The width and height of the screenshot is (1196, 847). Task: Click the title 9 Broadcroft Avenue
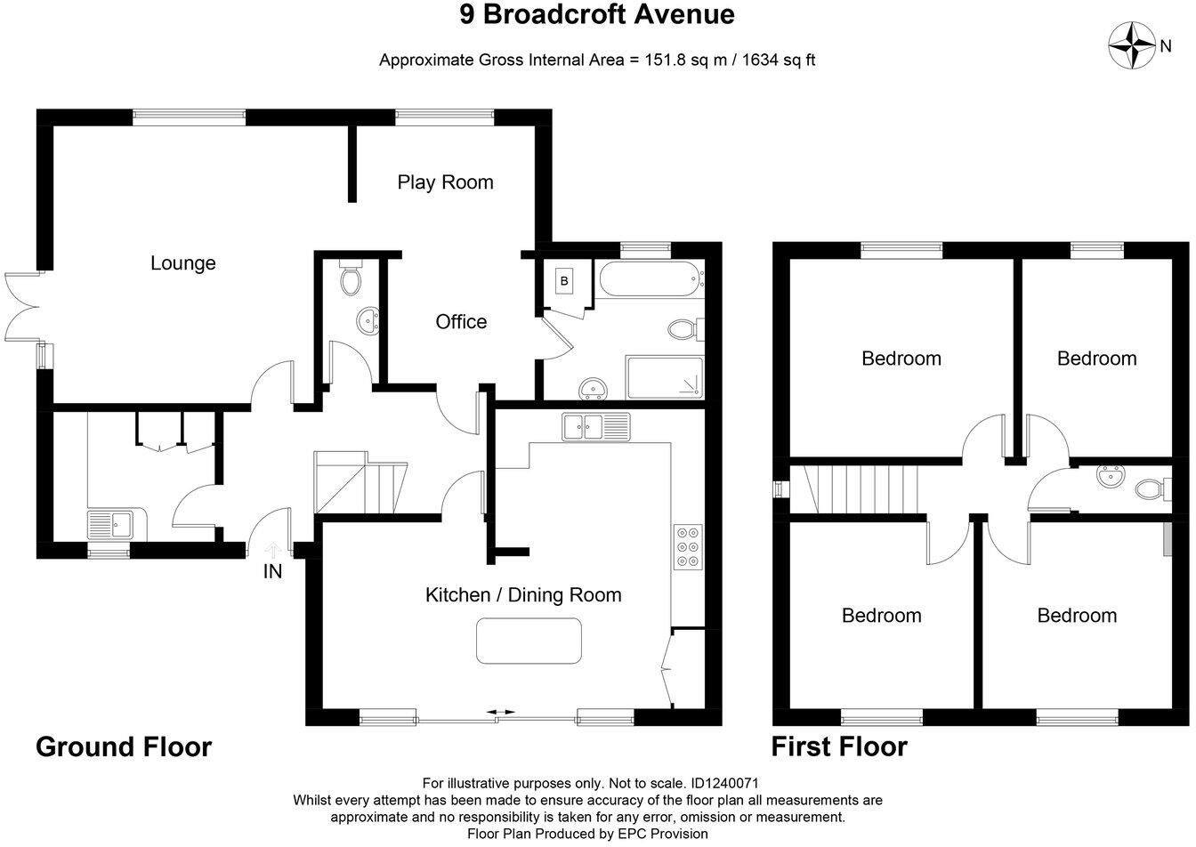(x=597, y=15)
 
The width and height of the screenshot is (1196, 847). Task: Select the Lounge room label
(x=182, y=263)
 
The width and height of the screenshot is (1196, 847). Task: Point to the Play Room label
(x=445, y=182)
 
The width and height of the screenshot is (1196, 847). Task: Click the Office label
(x=461, y=322)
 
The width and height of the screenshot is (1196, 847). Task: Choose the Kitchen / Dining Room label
(x=522, y=595)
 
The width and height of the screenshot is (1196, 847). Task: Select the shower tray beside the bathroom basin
(x=665, y=379)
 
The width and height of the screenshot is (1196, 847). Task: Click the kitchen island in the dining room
(x=529, y=641)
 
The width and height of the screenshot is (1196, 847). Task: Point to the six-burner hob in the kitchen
(x=687, y=544)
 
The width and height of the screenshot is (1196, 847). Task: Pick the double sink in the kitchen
(x=595, y=427)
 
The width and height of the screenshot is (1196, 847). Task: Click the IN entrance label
(x=272, y=572)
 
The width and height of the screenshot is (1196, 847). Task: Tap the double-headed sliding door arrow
(x=500, y=713)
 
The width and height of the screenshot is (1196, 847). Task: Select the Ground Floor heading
(x=124, y=746)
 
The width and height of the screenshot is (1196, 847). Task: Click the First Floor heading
(x=839, y=746)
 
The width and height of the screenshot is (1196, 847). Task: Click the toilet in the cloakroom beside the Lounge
(x=352, y=280)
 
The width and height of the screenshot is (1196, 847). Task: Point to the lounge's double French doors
(x=21, y=308)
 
